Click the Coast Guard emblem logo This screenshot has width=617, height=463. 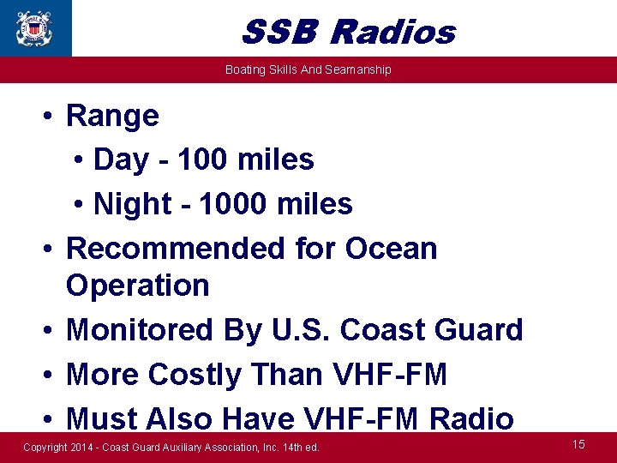click(x=34, y=27)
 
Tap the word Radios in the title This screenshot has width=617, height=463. click(x=392, y=33)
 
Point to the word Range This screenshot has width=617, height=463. click(x=112, y=115)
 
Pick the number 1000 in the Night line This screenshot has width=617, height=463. click(x=232, y=204)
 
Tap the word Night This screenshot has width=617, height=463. click(x=132, y=204)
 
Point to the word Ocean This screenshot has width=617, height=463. click(x=391, y=249)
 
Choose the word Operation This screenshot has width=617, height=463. click(x=137, y=286)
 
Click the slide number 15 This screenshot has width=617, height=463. click(x=578, y=444)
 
